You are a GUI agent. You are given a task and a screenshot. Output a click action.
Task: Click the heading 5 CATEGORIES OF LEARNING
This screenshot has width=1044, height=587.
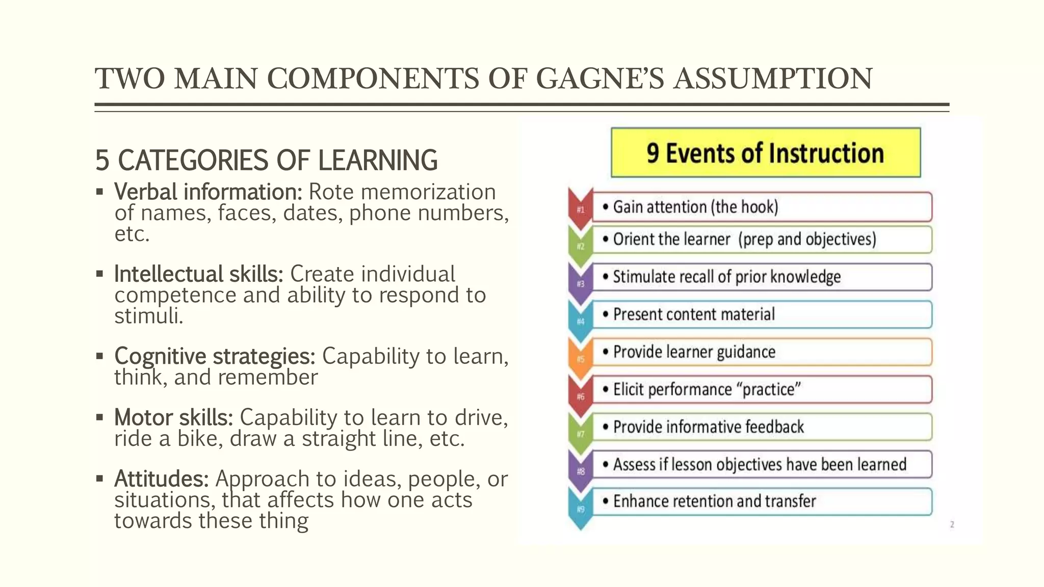point(266,160)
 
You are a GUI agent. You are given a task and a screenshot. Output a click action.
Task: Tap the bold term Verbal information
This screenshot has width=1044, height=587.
point(208,192)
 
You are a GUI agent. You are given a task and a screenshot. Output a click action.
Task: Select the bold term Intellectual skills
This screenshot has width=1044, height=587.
point(198,274)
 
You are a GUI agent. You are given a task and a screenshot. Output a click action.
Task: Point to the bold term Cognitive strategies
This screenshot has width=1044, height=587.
point(215,356)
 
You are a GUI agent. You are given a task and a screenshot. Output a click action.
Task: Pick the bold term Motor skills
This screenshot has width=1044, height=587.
point(173,418)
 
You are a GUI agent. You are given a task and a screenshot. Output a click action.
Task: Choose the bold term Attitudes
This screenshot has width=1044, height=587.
point(161,479)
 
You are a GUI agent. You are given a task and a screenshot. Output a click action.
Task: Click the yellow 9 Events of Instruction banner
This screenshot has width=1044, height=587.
point(765,153)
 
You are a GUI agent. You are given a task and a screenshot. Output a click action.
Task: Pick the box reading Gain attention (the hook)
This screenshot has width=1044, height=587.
point(762,207)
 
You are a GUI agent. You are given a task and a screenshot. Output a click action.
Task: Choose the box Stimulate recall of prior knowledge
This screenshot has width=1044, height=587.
point(762,277)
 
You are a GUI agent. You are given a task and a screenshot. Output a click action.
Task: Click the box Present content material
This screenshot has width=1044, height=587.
point(762,314)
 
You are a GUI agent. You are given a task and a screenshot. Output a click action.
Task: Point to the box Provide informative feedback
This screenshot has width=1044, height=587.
point(762,427)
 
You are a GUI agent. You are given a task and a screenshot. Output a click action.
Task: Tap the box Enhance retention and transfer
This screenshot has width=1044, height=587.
point(762,501)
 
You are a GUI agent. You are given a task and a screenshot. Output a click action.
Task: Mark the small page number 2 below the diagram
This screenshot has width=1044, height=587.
point(952,524)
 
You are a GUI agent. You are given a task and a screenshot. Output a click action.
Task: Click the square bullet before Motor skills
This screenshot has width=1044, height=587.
point(99,418)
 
